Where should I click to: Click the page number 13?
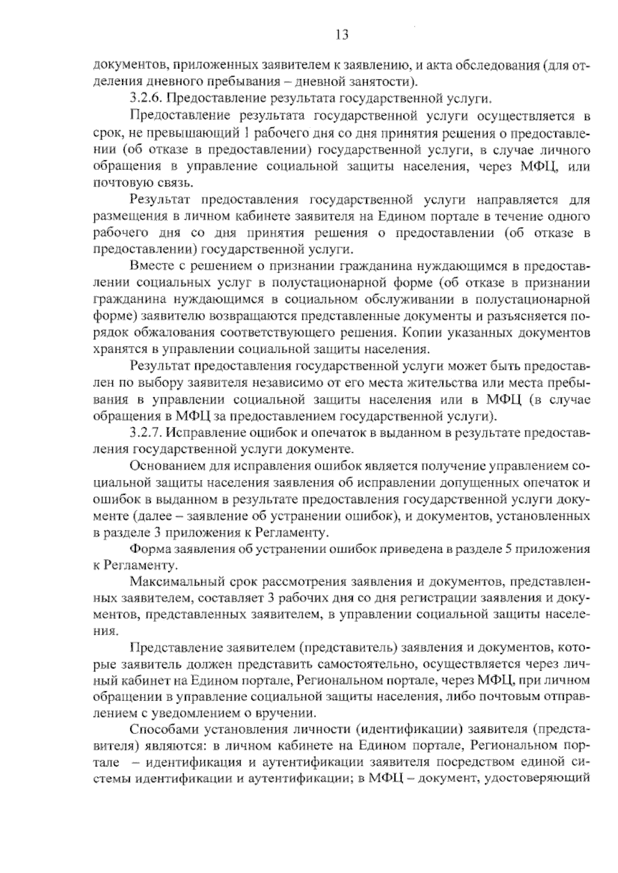coord(341,35)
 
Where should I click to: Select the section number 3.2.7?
coord(146,433)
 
